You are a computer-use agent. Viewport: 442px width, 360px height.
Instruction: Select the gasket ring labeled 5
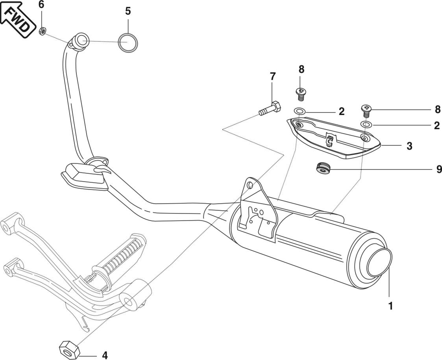(x=128, y=42)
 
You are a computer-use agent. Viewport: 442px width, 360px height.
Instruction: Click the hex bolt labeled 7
(x=270, y=108)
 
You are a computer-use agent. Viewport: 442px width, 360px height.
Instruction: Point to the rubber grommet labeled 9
(x=323, y=168)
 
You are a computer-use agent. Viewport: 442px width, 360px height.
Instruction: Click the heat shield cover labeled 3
(x=335, y=138)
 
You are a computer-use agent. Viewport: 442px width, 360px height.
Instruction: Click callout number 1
(x=390, y=306)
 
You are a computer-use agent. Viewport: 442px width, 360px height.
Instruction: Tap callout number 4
(x=105, y=355)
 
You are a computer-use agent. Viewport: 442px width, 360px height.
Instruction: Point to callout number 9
(x=439, y=169)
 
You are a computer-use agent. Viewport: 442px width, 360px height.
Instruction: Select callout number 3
(x=409, y=146)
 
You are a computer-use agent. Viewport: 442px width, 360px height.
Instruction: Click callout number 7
(x=273, y=76)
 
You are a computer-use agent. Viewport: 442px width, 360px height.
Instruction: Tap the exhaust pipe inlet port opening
(x=82, y=40)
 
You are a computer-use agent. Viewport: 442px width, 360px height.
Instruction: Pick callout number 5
(x=128, y=11)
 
